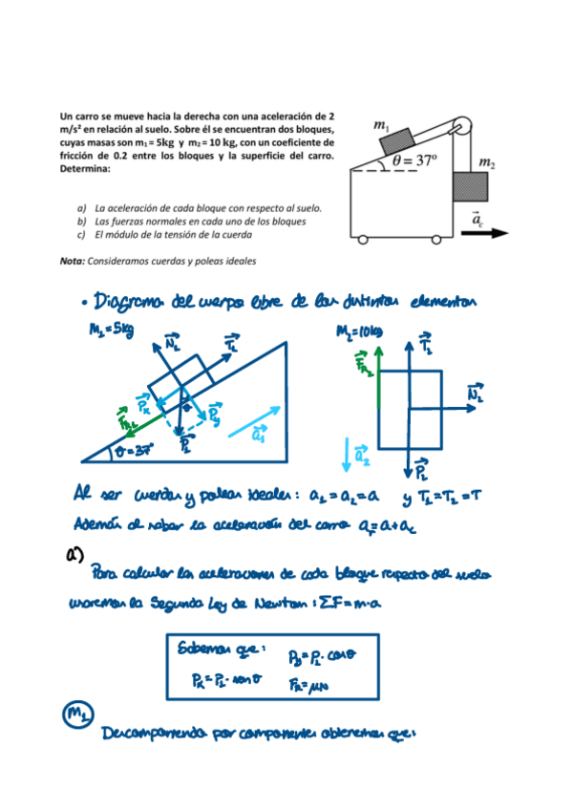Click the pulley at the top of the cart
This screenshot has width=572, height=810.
(461, 123)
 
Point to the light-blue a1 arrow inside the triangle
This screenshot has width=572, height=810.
(253, 421)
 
